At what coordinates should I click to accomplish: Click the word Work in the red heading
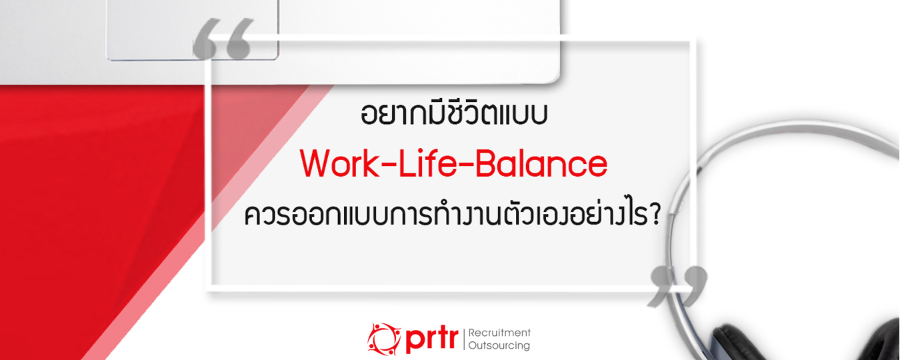coord(339,163)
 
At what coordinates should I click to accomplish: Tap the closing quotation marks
coord(678,287)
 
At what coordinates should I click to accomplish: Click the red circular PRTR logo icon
coord(384,338)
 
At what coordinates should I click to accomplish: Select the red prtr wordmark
coord(431,340)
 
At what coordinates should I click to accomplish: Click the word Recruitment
coord(499,333)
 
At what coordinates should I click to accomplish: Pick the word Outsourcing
coord(499,345)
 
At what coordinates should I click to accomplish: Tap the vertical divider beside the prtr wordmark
coord(463,339)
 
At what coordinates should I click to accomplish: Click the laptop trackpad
coord(193,29)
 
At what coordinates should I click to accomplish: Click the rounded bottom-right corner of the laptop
coord(553,79)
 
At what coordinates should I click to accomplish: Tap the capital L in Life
coord(407,163)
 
